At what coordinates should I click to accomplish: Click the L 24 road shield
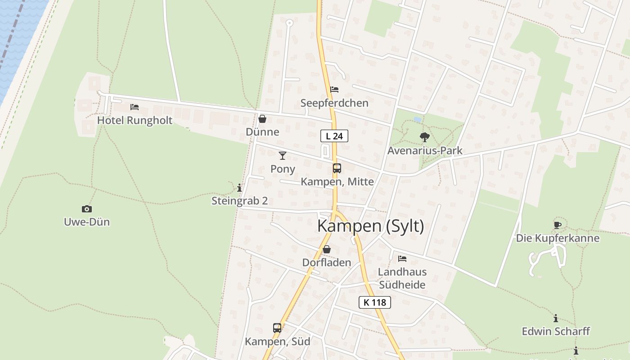(334, 135)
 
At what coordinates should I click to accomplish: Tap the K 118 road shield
(375, 302)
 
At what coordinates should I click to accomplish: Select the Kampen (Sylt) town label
(370, 226)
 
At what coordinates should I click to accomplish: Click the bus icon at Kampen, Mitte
(337, 168)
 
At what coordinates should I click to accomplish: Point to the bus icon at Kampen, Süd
(277, 328)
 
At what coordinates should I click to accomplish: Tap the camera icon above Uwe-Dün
(87, 209)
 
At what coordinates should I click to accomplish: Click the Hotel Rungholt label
(135, 120)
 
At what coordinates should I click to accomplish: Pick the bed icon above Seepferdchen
(334, 90)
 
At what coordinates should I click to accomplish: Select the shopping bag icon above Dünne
(262, 119)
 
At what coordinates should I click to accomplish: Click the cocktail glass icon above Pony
(283, 156)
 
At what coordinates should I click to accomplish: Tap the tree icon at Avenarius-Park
(424, 137)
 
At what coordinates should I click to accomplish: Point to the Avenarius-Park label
(425, 150)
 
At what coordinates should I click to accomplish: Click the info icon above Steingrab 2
(239, 188)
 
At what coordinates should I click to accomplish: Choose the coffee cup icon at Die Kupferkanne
(558, 225)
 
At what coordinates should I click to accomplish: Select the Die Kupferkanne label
(558, 238)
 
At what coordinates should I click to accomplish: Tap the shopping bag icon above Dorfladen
(327, 249)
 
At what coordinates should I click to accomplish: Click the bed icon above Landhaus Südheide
(402, 259)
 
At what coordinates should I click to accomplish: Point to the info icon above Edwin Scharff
(556, 318)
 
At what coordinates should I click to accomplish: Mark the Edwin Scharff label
(556, 331)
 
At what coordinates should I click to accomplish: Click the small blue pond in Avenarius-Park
(418, 120)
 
